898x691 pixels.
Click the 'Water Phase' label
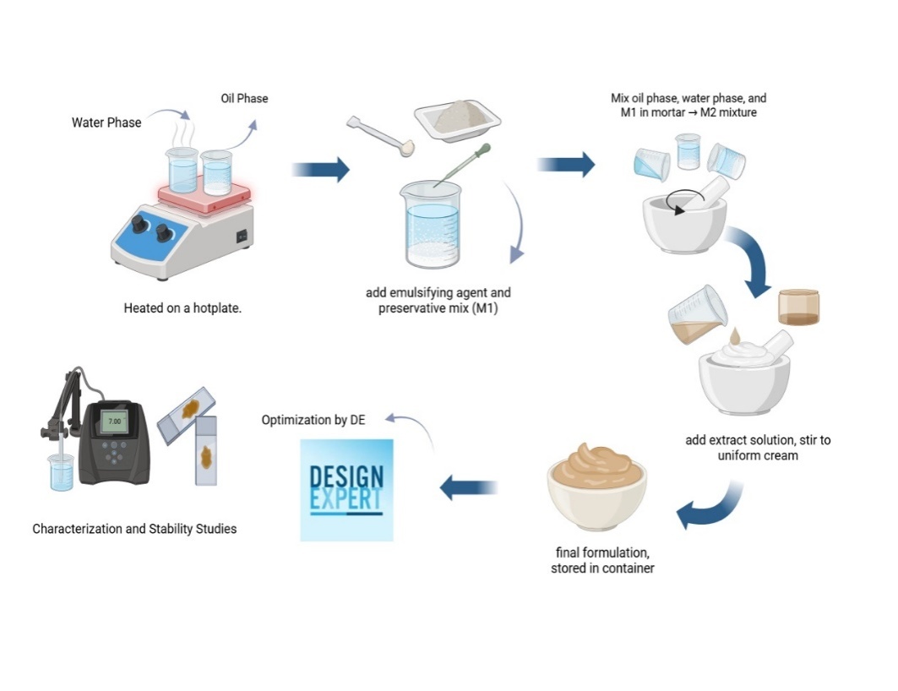(x=106, y=122)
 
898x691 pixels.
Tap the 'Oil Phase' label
(x=244, y=99)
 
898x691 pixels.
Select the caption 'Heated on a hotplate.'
(x=183, y=308)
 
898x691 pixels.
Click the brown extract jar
(x=798, y=307)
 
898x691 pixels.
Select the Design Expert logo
(x=346, y=489)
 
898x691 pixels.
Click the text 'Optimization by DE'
(x=313, y=419)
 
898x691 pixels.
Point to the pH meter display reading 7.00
(x=113, y=420)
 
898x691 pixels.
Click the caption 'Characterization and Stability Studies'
(x=134, y=529)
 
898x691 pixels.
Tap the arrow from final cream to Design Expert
(x=469, y=487)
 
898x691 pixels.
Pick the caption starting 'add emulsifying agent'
(x=438, y=300)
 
